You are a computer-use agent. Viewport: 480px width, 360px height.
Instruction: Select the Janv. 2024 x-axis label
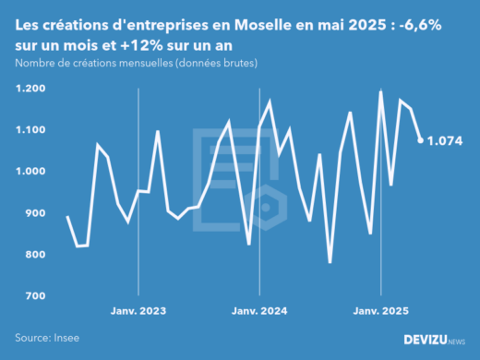tap(259, 311)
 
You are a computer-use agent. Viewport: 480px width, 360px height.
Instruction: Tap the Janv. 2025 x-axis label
tap(381, 311)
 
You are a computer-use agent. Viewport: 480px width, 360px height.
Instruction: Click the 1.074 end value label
tap(445, 141)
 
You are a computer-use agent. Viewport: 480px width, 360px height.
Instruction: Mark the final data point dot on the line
tap(421, 140)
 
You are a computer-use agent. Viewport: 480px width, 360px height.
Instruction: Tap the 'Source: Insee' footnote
tap(46, 339)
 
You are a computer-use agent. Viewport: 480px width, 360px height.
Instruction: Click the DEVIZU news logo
tap(434, 340)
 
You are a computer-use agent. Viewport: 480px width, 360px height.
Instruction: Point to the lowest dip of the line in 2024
tap(330, 262)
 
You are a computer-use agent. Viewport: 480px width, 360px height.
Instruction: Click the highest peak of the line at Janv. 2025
tap(380, 91)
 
